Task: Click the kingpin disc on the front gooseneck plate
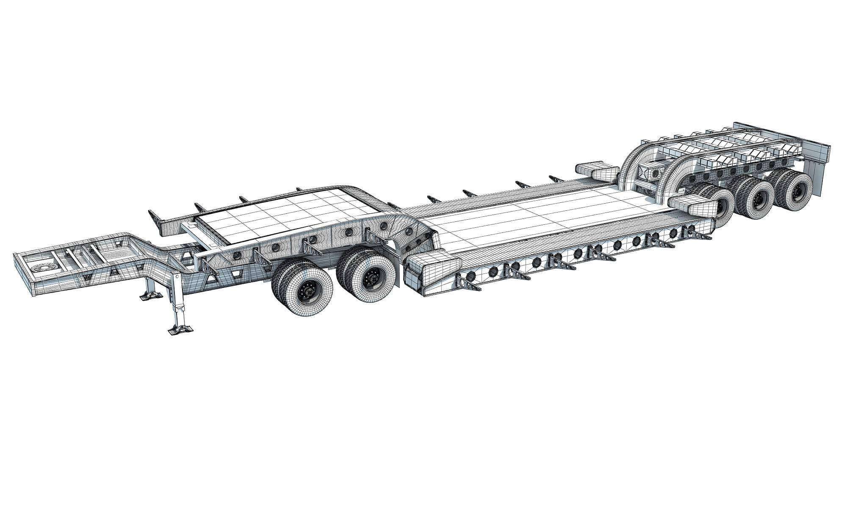44,267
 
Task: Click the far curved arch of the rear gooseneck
635,159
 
